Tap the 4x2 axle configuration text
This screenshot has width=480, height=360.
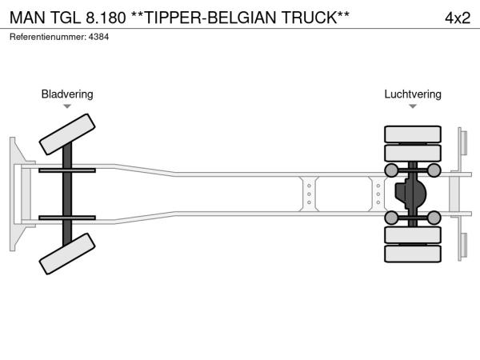pos(457,18)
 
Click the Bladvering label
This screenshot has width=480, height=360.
pos(67,94)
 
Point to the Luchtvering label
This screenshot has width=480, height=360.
pos(412,94)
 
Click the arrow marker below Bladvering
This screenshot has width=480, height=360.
pos(67,106)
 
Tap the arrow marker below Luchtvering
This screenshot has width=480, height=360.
pos(412,106)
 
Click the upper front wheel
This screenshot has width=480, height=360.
pos(67,134)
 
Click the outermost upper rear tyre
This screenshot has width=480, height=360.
pos(413,134)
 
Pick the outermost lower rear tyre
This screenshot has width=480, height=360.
pos(413,254)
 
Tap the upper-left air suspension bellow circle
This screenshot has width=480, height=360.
pos(391,170)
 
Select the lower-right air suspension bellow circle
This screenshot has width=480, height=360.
pos(434,217)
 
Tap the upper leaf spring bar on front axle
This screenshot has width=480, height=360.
pos(67,170)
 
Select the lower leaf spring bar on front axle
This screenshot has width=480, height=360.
pos(67,217)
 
